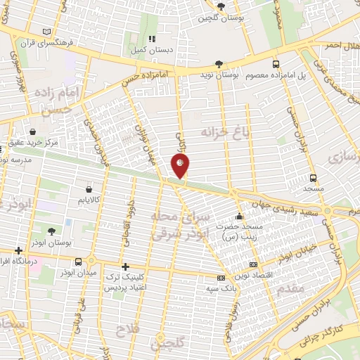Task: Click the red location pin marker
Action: click(x=180, y=166)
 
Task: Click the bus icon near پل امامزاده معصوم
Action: click(x=277, y=63)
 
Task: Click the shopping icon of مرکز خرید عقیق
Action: click(x=33, y=131)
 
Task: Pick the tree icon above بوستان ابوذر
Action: click(x=52, y=230)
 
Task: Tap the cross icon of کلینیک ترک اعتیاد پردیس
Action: click(x=126, y=266)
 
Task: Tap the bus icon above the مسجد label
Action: click(x=313, y=178)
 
